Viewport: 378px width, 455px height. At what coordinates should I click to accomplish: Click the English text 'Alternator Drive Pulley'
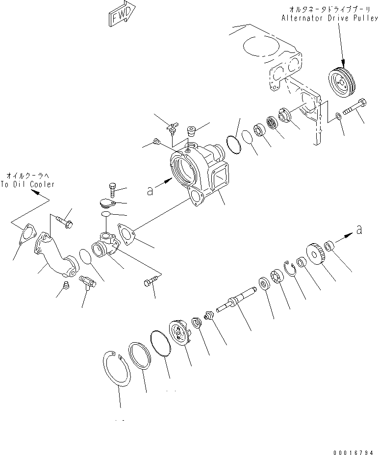point(329,18)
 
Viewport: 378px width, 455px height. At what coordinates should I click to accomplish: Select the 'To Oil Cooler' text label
point(27,184)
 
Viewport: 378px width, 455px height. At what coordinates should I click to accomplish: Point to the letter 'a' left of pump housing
point(150,191)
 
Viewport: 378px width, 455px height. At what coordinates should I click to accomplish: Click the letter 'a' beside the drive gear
point(359,229)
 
